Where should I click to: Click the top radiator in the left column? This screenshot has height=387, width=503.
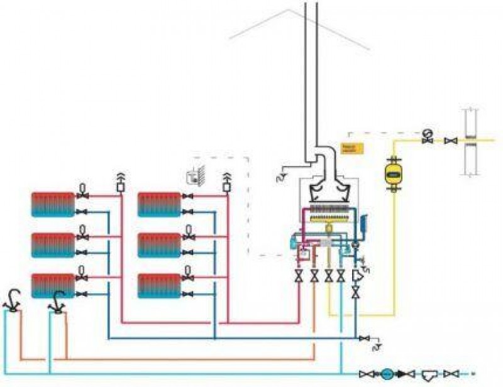53,204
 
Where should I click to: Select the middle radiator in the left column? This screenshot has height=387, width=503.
53,244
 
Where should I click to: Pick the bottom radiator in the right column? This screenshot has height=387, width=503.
159,285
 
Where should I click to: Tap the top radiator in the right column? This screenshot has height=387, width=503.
159,204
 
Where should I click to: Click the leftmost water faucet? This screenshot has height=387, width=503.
12,301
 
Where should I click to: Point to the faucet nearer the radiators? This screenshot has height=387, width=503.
57,302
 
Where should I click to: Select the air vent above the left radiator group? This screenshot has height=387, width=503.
120,182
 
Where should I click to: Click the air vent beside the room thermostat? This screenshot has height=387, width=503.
226,182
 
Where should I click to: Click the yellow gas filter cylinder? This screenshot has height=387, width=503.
394,172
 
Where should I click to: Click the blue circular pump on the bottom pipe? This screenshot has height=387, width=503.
386,374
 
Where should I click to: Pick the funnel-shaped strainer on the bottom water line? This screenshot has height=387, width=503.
429,374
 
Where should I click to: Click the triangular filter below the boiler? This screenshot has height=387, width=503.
357,275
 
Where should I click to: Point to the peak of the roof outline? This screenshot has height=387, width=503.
290,10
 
